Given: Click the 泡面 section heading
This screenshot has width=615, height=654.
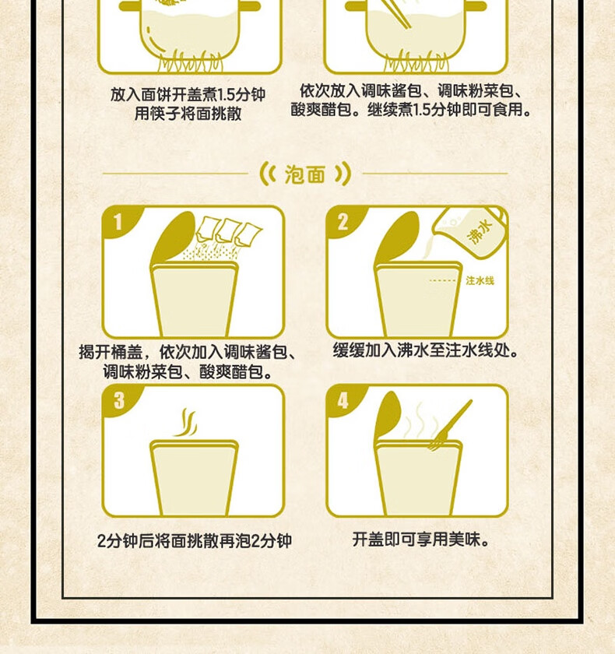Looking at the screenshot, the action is pyautogui.click(x=305, y=174).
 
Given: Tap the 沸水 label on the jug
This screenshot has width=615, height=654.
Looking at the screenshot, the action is pyautogui.click(x=480, y=231).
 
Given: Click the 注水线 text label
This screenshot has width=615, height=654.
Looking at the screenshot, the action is pyautogui.click(x=480, y=281).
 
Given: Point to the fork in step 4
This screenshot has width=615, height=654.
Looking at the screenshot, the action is pyautogui.click(x=450, y=425).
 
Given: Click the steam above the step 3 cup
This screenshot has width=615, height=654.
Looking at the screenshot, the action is pyautogui.click(x=186, y=423).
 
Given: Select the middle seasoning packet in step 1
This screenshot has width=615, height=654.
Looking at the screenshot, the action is pyautogui.click(x=226, y=231).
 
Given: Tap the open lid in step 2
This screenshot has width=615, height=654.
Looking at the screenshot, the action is pyautogui.click(x=397, y=237).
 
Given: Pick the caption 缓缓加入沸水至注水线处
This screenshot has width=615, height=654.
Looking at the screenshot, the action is pyautogui.click(x=425, y=351).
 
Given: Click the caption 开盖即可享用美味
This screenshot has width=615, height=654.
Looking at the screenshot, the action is pyautogui.click(x=420, y=540).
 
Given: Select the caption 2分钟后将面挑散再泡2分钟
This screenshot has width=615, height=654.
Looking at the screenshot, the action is pyautogui.click(x=195, y=541).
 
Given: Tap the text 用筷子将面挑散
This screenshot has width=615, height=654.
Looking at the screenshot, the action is pyautogui.click(x=188, y=114).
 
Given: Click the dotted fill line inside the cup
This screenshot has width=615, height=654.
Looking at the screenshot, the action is pyautogui.click(x=443, y=281).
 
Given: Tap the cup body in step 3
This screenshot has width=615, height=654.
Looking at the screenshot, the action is pyautogui.click(x=195, y=478).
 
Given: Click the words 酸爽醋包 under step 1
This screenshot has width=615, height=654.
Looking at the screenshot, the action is pyautogui.click(x=231, y=371).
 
